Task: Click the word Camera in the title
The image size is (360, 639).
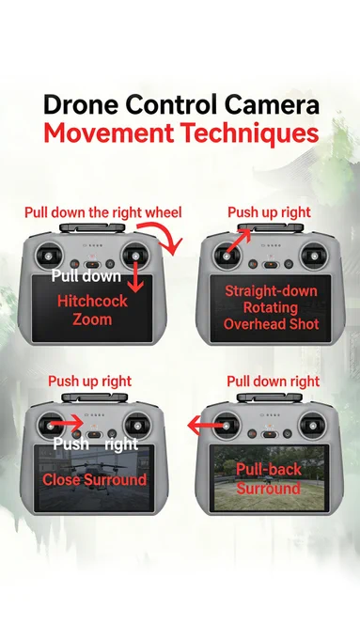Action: click(272, 104)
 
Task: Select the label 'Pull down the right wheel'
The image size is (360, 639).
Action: click(103, 212)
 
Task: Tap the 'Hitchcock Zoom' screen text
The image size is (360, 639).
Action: click(92, 310)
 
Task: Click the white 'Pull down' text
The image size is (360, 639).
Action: click(86, 276)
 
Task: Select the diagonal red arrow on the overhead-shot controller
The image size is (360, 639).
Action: click(239, 242)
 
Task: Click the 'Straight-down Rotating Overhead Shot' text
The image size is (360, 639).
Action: click(271, 307)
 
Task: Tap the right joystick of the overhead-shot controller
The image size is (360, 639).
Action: click(314, 256)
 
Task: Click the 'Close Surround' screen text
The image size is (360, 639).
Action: click(94, 479)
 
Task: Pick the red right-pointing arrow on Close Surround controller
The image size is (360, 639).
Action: click(68, 424)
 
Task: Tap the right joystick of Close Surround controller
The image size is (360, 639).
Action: click(137, 426)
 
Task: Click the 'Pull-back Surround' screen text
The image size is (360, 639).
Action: click(268, 479)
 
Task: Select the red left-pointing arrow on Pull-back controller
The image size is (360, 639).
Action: click(208, 426)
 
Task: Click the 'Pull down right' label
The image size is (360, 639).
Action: click(274, 382)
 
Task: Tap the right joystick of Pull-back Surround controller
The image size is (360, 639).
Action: click(312, 426)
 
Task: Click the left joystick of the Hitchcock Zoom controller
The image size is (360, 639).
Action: click(49, 256)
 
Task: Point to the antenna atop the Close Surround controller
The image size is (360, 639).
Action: click(95, 397)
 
